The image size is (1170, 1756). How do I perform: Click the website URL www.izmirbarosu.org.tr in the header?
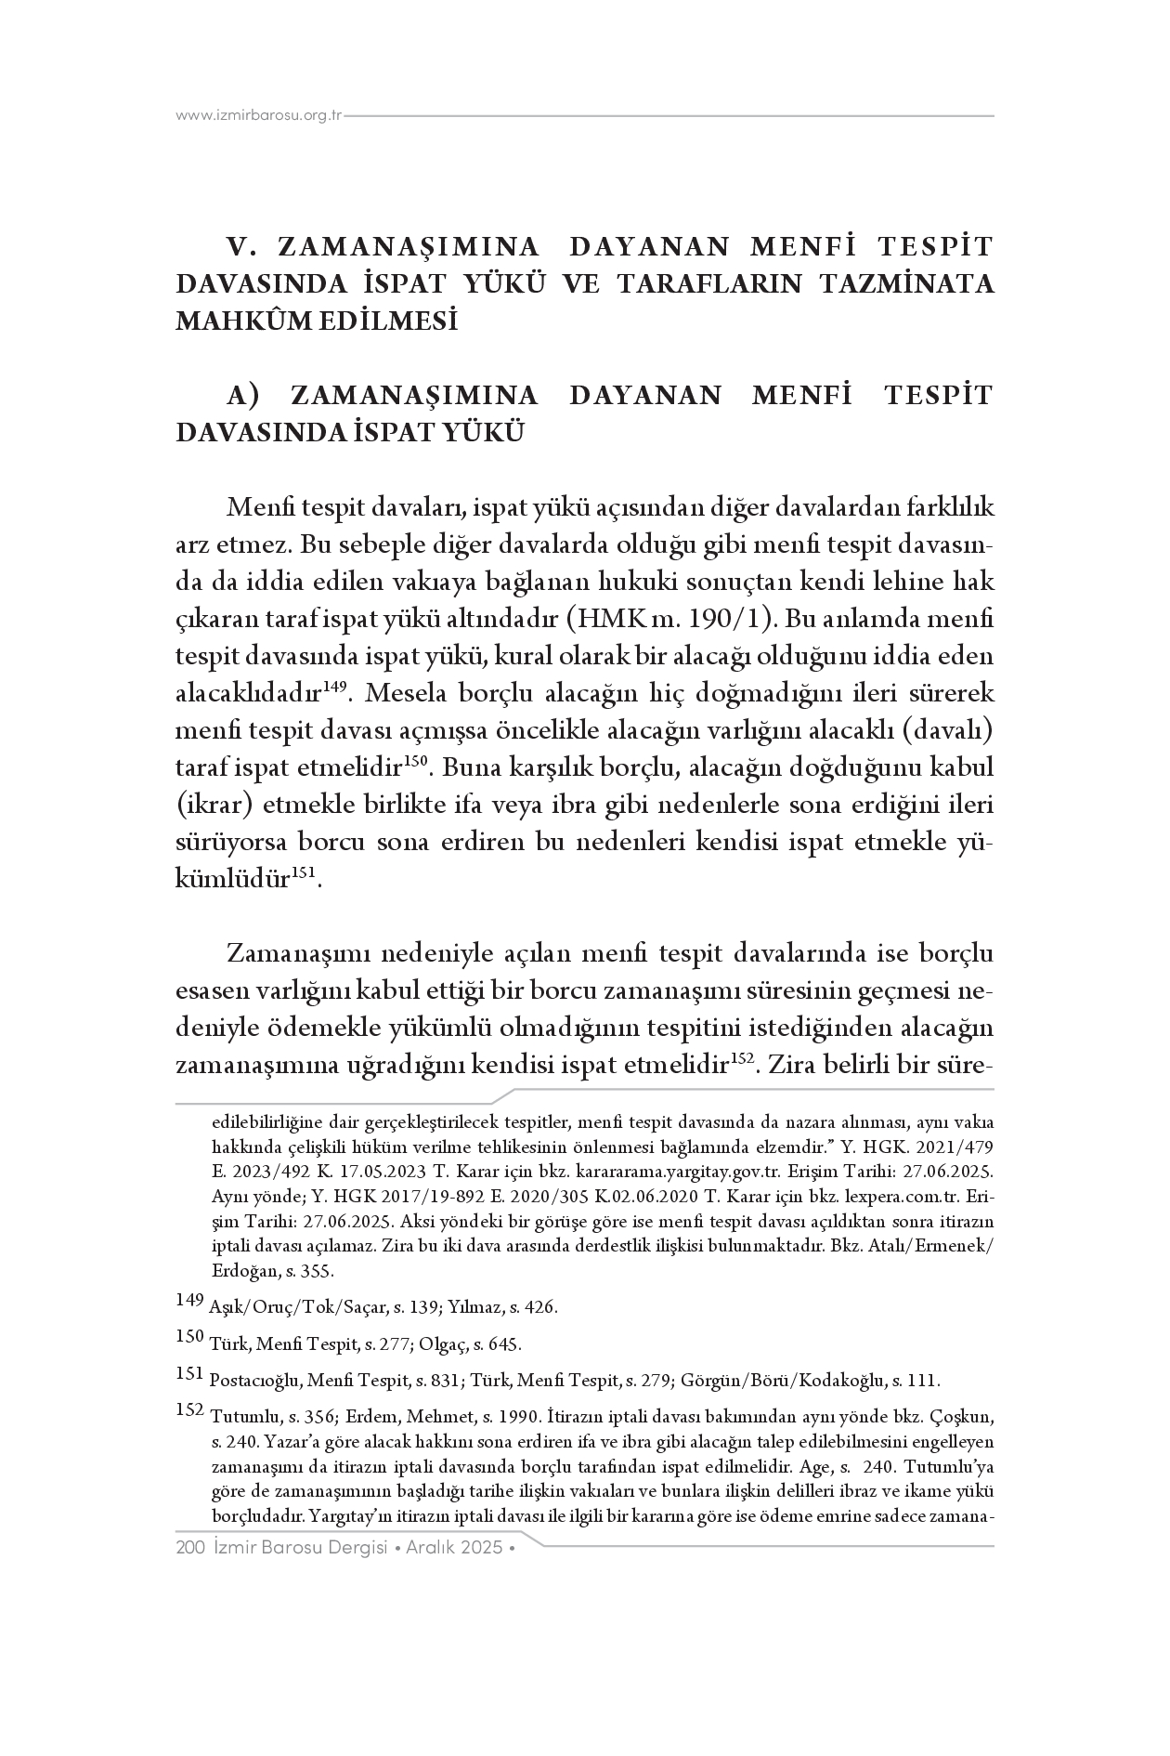pos(259,115)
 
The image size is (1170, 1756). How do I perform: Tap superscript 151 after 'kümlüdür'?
pos(306,873)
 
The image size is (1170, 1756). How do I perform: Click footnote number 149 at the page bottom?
pos(189,1300)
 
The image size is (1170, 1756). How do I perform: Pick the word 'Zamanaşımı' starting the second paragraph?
pos(299,954)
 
